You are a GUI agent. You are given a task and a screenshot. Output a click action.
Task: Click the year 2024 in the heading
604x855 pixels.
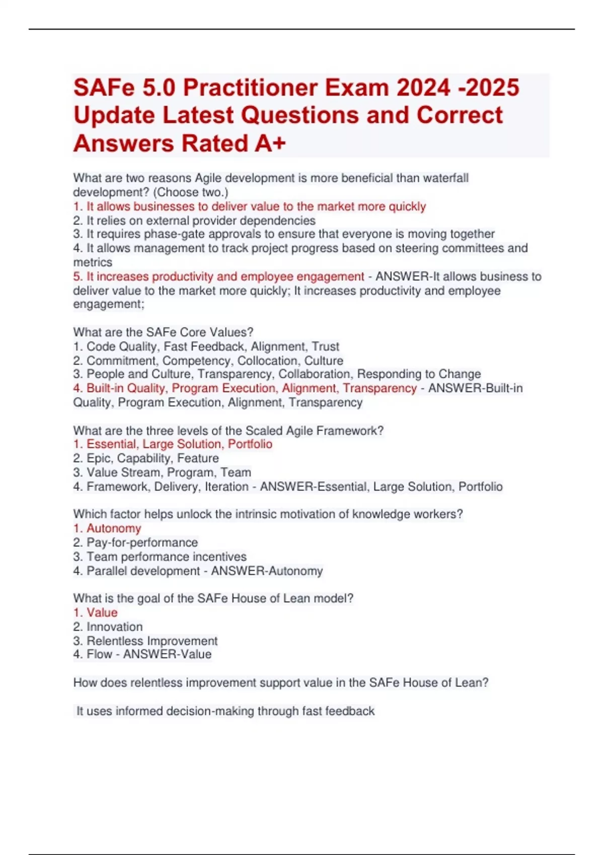tap(423, 88)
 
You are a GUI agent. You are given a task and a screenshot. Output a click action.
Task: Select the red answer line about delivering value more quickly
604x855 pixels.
tap(250, 206)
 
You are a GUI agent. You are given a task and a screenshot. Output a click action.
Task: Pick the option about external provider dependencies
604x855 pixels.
tap(194, 220)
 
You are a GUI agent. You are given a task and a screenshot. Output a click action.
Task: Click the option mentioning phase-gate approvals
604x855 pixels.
tap(284, 234)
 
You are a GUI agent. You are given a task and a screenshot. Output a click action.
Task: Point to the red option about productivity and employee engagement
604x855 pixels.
tap(218, 277)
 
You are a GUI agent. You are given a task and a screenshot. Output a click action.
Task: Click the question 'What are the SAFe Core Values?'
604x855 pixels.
tap(163, 332)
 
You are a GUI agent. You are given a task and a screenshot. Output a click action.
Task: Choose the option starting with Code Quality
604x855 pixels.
tap(206, 347)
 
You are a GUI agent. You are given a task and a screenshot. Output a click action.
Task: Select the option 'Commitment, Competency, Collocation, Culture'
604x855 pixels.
tap(208, 361)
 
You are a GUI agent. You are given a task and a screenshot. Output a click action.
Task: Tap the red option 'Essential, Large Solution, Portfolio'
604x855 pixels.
tap(173, 444)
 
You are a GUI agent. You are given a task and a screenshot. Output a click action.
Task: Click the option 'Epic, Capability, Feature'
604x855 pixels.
tap(146, 458)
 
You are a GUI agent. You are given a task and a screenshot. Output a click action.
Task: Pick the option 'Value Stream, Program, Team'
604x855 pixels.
tap(162, 472)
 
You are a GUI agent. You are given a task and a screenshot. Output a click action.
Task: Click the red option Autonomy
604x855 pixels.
tap(107, 528)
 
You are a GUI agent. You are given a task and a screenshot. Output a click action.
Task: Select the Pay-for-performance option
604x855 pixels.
tap(135, 542)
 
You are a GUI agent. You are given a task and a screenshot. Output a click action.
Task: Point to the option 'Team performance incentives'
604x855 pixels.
tap(160, 557)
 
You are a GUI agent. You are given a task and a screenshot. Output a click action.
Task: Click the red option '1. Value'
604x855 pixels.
tap(96, 613)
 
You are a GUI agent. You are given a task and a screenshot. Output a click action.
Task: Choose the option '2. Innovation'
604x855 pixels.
tap(108, 627)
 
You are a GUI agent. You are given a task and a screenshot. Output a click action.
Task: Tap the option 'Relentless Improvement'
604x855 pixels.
tap(145, 641)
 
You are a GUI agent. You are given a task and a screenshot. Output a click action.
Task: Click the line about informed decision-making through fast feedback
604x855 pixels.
tap(225, 711)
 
